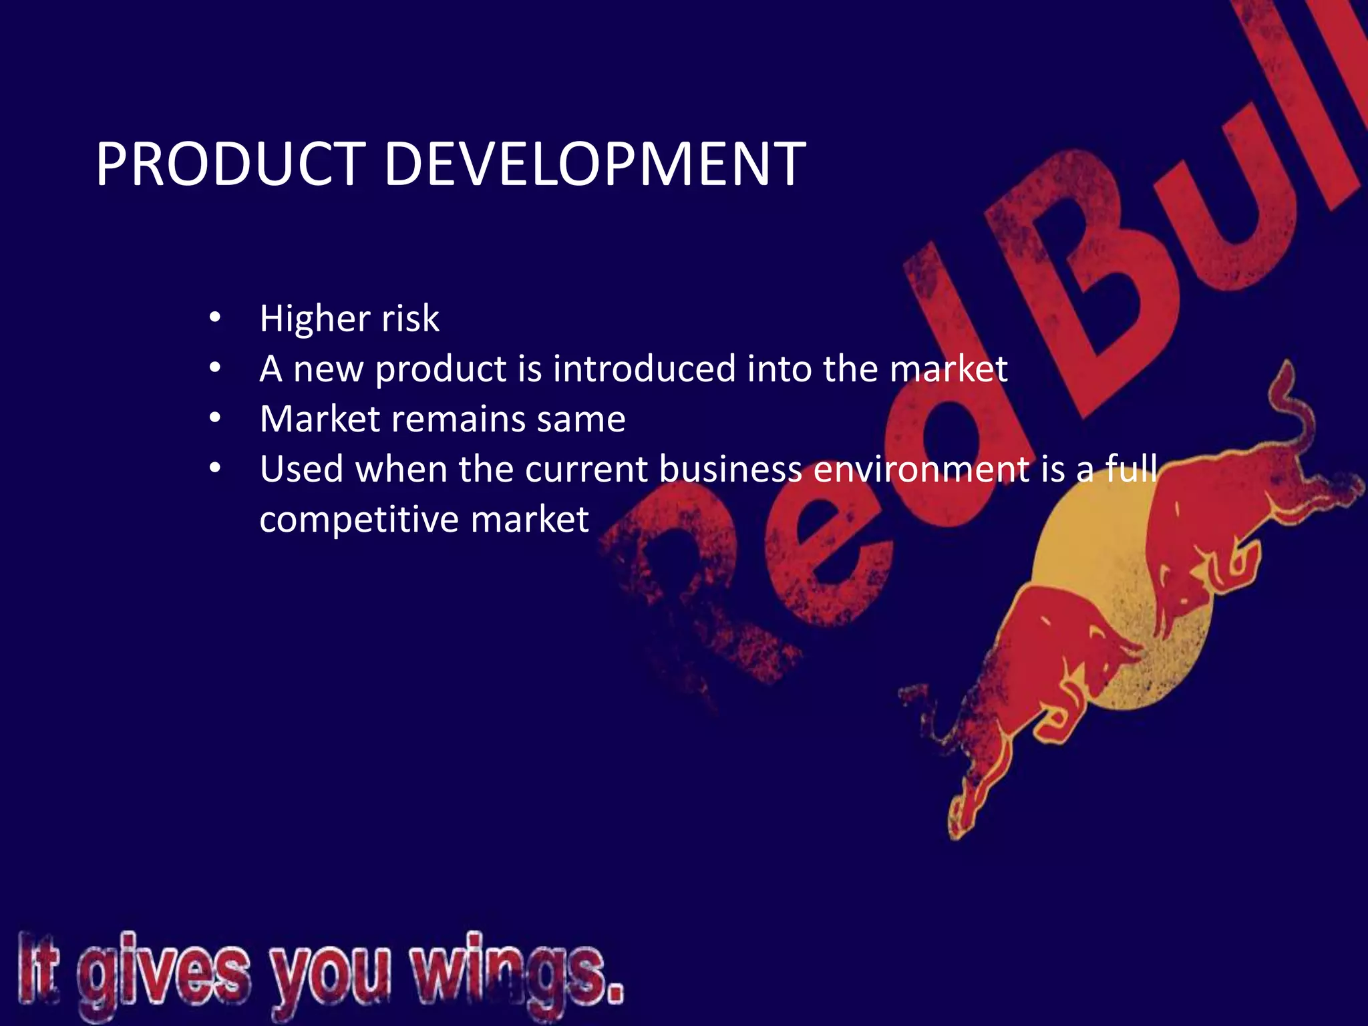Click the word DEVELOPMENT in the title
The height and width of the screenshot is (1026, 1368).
(594, 164)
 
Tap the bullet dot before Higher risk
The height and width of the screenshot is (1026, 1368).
(214, 318)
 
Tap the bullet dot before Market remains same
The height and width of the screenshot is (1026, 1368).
(214, 418)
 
